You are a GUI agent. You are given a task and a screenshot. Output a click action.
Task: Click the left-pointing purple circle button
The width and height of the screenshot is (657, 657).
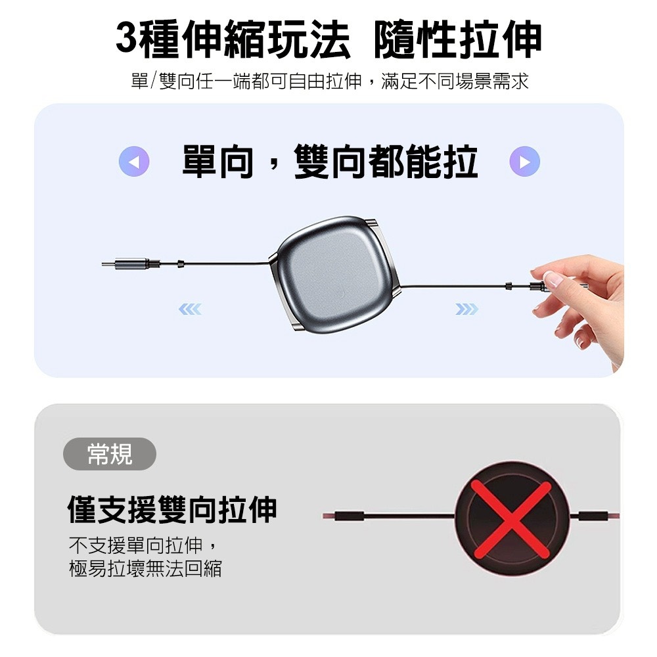point(134,162)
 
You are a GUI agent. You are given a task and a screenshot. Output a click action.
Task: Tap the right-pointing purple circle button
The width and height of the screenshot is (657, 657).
point(524,162)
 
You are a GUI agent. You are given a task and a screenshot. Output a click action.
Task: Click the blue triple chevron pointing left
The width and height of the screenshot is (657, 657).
point(190,309)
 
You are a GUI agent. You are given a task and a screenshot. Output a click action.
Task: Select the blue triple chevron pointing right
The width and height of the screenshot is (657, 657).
point(466,309)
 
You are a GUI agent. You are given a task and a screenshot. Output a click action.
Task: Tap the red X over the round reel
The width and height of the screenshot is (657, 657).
point(510,519)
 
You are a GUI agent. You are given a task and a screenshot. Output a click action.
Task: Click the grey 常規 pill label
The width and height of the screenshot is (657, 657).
point(109,454)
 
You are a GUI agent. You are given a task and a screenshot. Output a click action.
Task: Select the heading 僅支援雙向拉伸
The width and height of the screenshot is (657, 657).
point(172,510)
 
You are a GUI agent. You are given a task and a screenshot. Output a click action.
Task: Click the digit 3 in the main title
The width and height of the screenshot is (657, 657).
point(126,38)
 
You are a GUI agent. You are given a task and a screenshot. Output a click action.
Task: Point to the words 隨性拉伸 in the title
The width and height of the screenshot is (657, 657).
point(458,39)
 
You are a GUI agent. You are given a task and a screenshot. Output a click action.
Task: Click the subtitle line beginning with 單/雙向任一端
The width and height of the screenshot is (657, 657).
point(330,81)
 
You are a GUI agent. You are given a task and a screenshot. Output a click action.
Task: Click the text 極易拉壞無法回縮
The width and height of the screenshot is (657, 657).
point(145,568)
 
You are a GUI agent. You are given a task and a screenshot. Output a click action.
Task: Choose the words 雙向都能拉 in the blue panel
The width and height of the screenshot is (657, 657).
point(386,162)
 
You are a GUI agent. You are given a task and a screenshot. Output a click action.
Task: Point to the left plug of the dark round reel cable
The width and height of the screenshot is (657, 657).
point(344,516)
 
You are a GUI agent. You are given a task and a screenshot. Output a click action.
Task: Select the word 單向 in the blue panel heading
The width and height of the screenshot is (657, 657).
point(218,162)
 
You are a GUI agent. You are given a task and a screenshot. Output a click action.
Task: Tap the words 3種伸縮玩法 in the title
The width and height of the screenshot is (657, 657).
point(233,39)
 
